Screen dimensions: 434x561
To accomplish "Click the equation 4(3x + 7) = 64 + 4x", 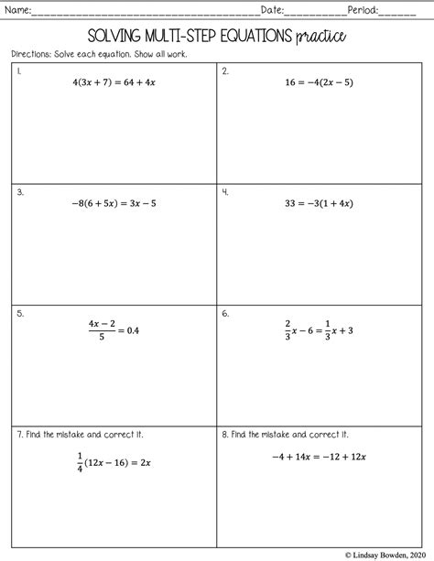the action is [x=114, y=82].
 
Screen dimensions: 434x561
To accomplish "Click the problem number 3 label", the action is [x=19, y=192].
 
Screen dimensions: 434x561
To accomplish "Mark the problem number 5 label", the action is [x=19, y=313].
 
